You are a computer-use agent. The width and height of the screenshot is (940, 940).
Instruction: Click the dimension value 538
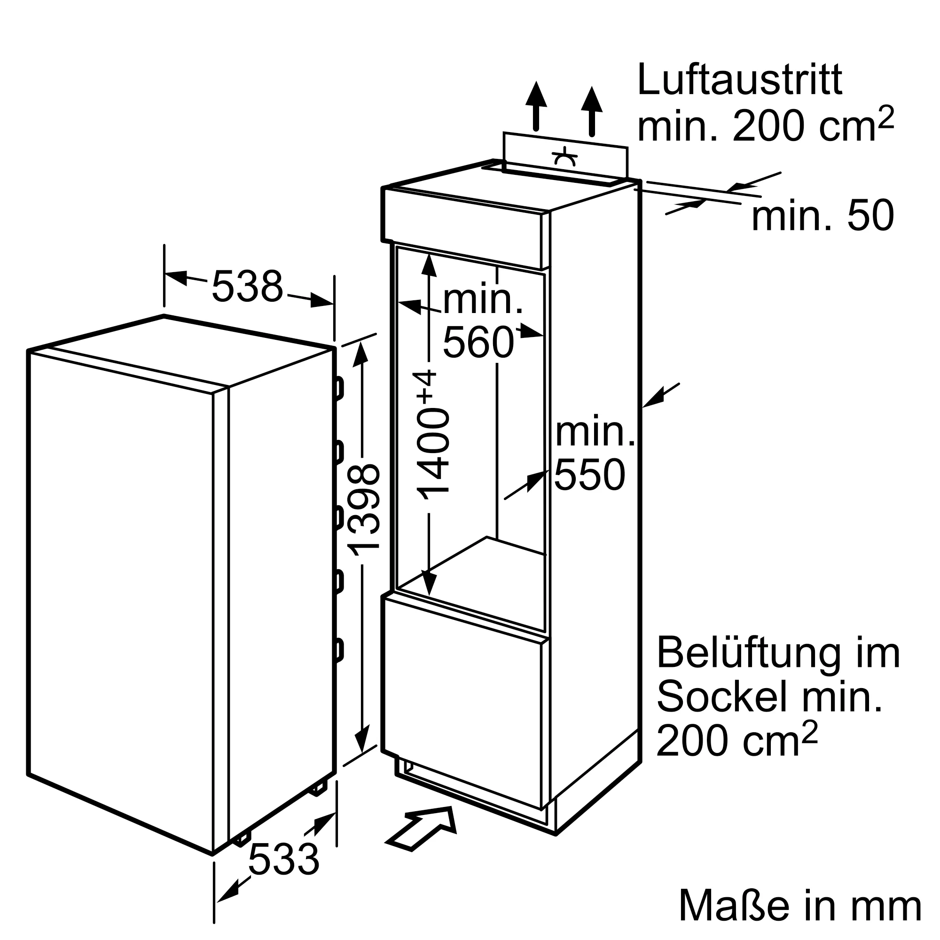[247, 287]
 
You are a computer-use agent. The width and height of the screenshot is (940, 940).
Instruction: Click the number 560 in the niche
[478, 343]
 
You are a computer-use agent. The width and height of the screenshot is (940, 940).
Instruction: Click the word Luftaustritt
[739, 79]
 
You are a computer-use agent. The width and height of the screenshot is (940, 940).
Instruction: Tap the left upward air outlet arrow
[536, 106]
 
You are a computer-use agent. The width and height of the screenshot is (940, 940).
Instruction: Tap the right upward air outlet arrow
[592, 111]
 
